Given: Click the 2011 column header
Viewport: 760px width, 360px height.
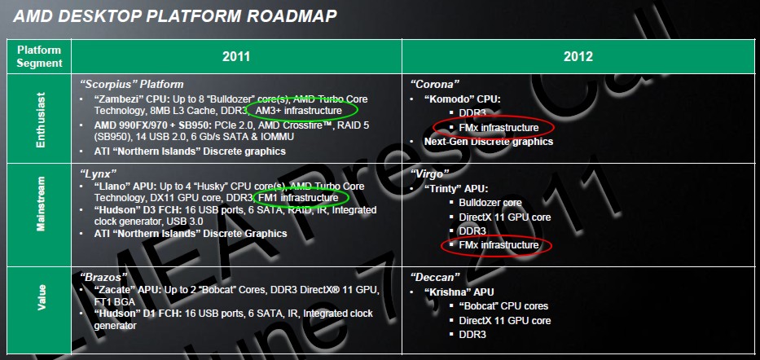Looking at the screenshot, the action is [236, 57].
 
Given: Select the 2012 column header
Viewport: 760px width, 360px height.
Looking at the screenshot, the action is [578, 57].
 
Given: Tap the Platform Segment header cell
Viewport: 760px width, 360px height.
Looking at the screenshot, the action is [39, 56].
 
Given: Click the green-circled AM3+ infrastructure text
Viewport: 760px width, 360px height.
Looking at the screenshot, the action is [298, 111].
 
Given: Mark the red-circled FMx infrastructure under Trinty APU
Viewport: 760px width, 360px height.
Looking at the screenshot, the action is [499, 245].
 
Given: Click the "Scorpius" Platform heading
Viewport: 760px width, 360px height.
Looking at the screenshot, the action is [132, 85].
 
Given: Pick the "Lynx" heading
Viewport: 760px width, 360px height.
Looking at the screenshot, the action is [99, 173].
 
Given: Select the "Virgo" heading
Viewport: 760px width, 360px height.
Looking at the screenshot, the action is [430, 173].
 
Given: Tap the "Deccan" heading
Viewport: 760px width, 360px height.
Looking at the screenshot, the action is [435, 278].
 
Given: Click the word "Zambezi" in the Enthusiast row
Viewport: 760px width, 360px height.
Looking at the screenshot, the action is [116, 99].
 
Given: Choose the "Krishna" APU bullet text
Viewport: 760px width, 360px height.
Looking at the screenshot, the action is [459, 292].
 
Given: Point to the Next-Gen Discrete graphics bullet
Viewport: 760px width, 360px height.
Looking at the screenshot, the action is [489, 142].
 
